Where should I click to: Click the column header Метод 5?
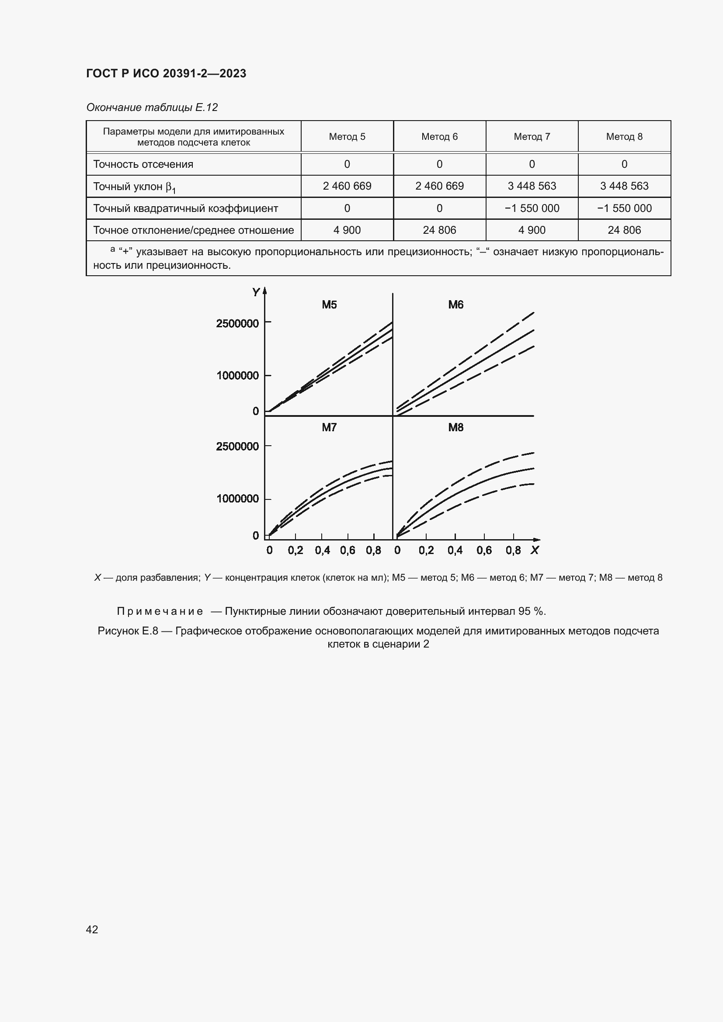[x=347, y=137]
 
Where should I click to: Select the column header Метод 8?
[x=624, y=137]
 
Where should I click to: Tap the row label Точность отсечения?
[x=143, y=164]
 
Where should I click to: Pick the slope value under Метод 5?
[x=347, y=186]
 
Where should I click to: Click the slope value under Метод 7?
[x=532, y=186]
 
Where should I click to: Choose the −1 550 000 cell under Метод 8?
[x=624, y=208]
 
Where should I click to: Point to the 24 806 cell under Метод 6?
[x=439, y=230]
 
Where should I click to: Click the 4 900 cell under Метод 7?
[x=532, y=230]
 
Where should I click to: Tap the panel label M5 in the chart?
[x=330, y=305]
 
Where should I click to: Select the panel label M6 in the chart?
[x=456, y=305]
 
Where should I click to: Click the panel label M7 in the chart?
[x=330, y=428]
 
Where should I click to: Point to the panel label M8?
[x=456, y=428]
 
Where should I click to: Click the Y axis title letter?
[x=256, y=292]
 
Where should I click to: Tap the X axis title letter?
[x=535, y=551]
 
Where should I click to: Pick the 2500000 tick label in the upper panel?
[x=237, y=324]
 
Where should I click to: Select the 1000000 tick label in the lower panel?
[x=237, y=499]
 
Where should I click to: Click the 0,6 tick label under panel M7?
[x=348, y=551]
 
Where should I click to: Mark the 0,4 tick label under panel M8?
[x=455, y=551]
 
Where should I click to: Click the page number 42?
[x=92, y=929]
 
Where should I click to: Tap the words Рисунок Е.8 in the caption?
[x=128, y=631]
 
